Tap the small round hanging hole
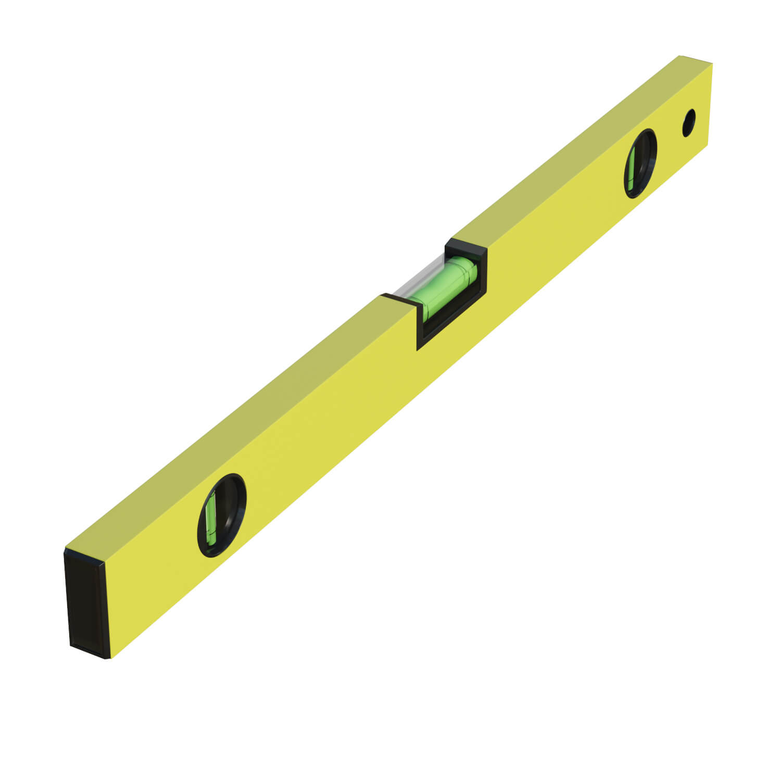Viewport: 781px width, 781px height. (689, 123)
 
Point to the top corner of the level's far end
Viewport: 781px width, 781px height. (680, 55)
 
